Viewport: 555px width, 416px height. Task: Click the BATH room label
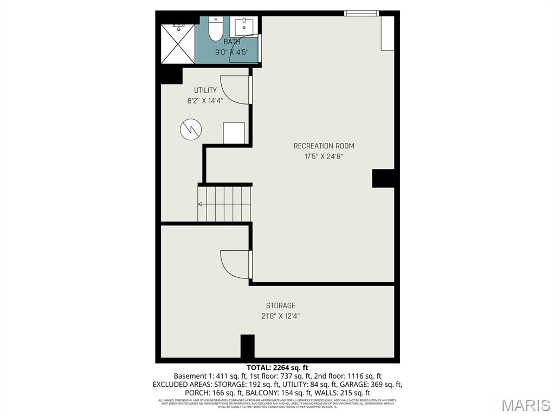[x=232, y=41]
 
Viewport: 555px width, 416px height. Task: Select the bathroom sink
[x=246, y=25]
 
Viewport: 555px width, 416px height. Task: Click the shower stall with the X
[x=179, y=43]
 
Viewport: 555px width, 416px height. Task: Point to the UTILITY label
[x=205, y=90]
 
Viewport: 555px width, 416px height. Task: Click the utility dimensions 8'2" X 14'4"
[x=205, y=100]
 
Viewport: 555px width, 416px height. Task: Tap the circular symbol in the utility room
[x=190, y=129]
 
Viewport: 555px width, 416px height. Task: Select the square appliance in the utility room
[x=234, y=133]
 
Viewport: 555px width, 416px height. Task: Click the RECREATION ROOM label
[x=324, y=146]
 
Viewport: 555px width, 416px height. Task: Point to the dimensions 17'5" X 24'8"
[x=324, y=157]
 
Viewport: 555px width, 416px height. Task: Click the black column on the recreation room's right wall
[x=383, y=178]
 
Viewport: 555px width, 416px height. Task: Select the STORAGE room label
[x=280, y=305]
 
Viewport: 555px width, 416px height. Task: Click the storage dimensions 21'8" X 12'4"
[x=280, y=316]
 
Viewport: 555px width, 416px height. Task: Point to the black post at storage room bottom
[x=247, y=346]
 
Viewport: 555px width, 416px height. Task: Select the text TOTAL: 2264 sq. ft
[x=277, y=367]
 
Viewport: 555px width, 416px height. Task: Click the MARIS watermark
[x=525, y=406]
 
